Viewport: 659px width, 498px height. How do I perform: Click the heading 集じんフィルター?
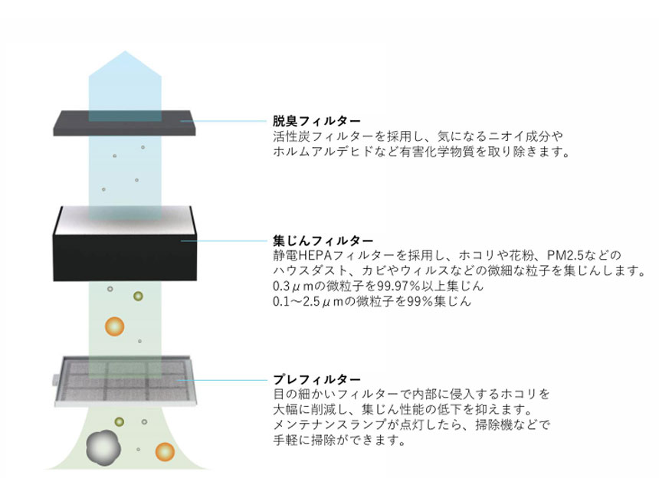pyautogui.click(x=323, y=241)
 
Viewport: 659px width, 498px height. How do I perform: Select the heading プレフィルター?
pyautogui.click(x=316, y=379)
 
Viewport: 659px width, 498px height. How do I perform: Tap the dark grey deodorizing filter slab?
pyautogui.click(x=124, y=123)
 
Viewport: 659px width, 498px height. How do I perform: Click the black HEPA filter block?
pyautogui.click(x=125, y=244)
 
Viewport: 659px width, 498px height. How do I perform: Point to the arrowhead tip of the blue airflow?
pyautogui.click(x=125, y=51)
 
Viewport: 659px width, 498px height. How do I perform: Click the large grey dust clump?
pyautogui.click(x=103, y=448)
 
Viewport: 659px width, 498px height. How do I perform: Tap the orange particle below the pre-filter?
pyautogui.click(x=165, y=452)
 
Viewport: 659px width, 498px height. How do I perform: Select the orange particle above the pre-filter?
pyautogui.click(x=114, y=326)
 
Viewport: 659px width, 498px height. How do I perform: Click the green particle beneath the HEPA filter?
pyautogui.click(x=138, y=296)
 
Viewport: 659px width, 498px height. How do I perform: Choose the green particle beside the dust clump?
pyautogui.click(x=120, y=421)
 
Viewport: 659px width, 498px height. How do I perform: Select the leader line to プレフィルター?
pyautogui.click(x=222, y=380)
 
